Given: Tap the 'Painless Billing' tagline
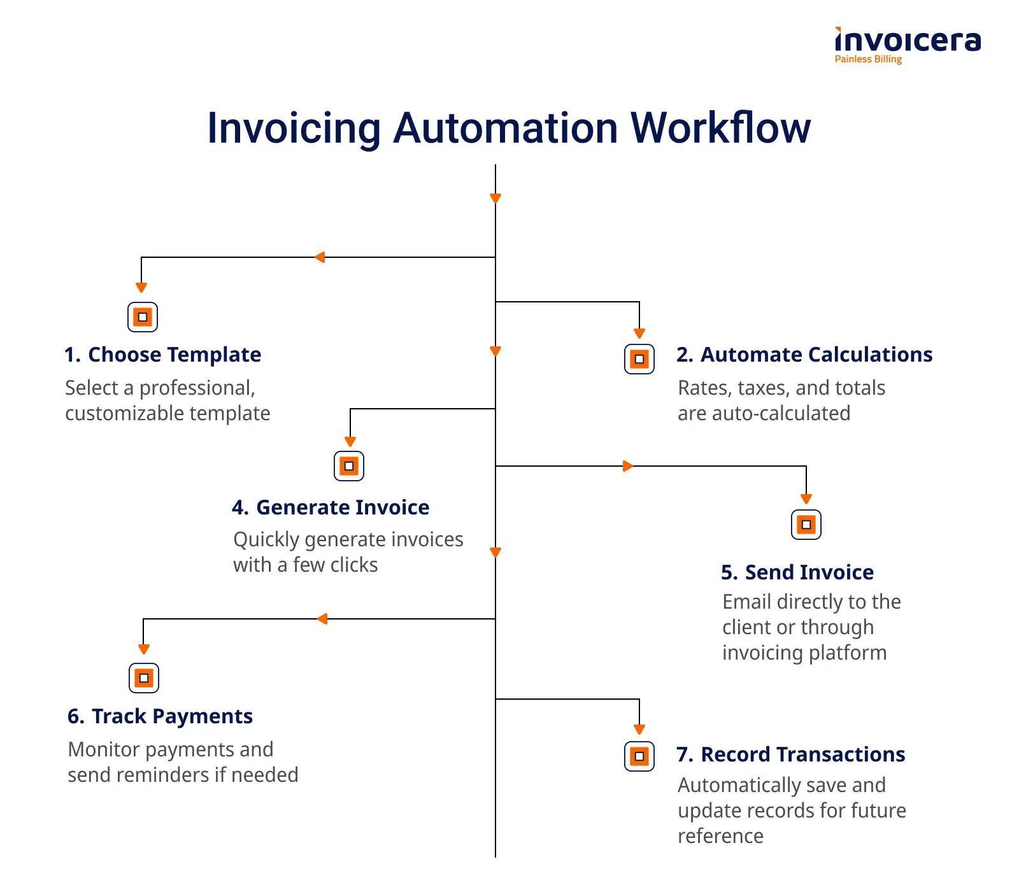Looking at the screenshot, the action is [868, 59].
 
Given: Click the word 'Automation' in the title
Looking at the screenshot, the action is [505, 128].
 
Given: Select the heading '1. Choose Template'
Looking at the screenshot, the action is [162, 355].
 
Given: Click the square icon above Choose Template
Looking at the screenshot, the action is [143, 317].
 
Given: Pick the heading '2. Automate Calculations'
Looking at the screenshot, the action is [804, 355].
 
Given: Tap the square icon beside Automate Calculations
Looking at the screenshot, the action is [639, 359].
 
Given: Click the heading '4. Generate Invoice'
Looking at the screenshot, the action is [331, 507].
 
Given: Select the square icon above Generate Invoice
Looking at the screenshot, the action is [349, 466].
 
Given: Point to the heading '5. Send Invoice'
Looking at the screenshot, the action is [797, 572].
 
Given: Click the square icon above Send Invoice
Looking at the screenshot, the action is [806, 525].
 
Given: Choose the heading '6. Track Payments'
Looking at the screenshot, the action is [160, 716].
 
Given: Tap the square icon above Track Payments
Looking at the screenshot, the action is [144, 678].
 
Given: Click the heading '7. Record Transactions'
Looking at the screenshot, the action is [790, 754].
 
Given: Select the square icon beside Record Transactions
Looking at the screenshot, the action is [639, 756].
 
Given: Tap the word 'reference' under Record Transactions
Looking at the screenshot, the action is [720, 836].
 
